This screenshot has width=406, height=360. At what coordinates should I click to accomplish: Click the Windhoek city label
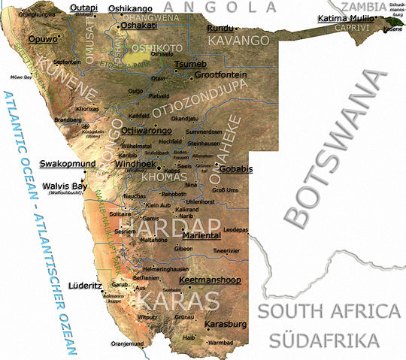(x=136, y=163)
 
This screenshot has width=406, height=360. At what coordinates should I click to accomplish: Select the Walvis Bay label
(x=65, y=186)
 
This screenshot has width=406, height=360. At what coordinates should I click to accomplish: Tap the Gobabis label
(x=235, y=169)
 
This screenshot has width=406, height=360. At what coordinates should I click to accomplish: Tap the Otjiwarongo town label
(x=144, y=129)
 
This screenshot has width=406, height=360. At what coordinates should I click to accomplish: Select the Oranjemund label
(x=127, y=344)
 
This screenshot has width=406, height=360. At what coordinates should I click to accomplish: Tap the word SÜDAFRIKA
(x=325, y=340)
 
